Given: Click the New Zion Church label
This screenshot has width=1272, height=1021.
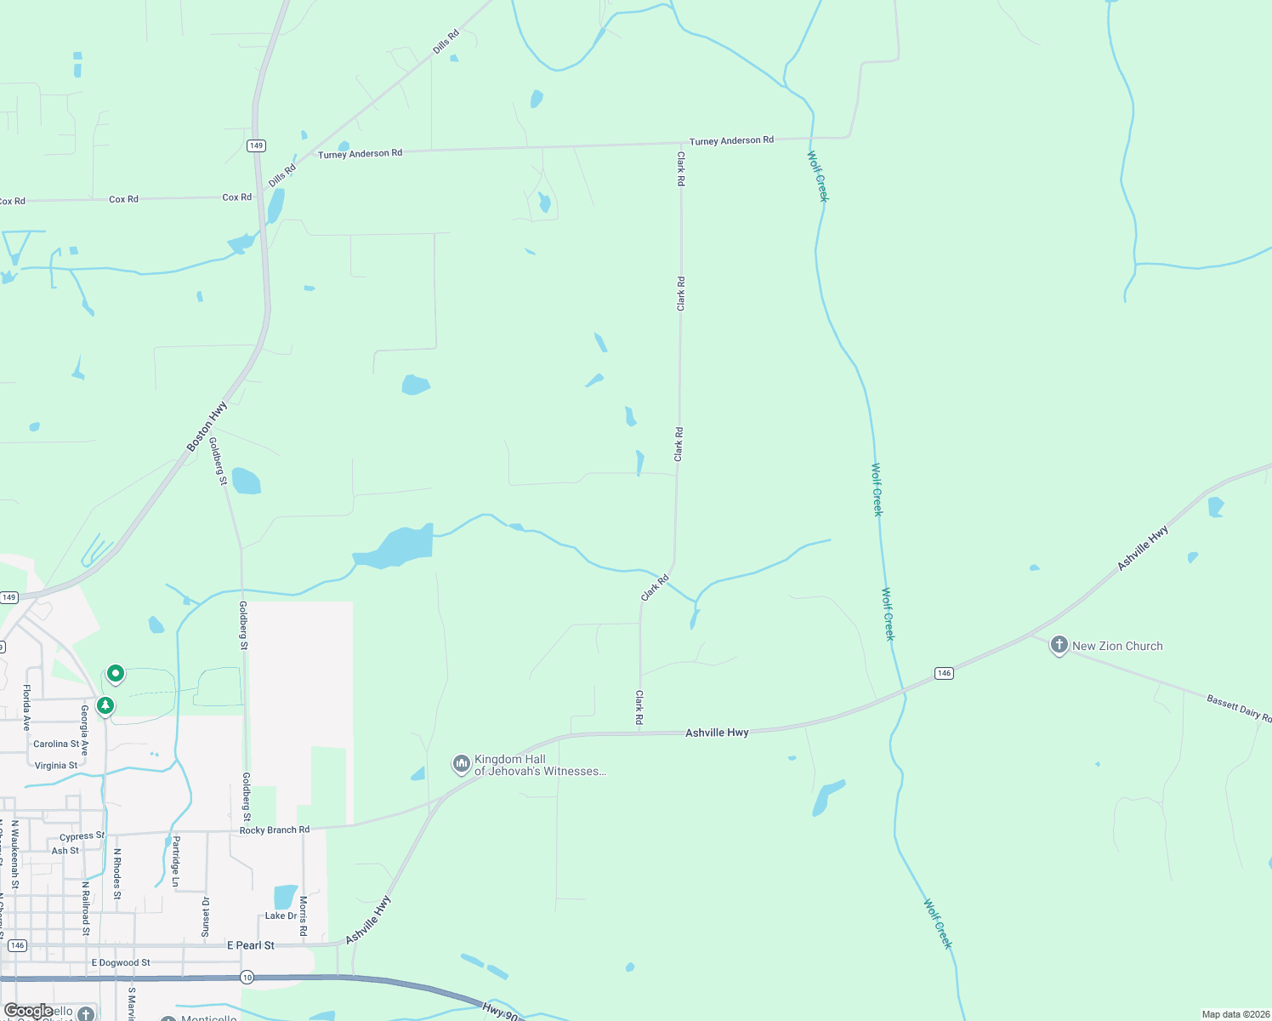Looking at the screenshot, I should (1117, 646).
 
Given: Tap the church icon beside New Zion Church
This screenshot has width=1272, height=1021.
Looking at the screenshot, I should (1059, 645).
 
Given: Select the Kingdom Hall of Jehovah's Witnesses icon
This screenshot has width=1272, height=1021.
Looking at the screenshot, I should (461, 764).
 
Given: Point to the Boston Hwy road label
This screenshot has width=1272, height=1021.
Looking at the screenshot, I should (207, 426).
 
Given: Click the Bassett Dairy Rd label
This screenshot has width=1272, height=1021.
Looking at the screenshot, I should (1239, 708).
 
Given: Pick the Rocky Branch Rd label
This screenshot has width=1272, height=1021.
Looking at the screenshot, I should (275, 830).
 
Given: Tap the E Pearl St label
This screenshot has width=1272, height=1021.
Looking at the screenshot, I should (251, 945).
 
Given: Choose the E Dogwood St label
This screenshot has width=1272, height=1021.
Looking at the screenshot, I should (121, 963).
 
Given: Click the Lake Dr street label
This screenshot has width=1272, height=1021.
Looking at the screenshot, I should (281, 915).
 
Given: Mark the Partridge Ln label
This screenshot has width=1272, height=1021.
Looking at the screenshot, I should (176, 861).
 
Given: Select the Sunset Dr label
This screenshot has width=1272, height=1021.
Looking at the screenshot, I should (205, 916).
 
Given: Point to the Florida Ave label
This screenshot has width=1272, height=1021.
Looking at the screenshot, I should (26, 707).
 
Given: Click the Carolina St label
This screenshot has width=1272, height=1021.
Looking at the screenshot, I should (56, 744).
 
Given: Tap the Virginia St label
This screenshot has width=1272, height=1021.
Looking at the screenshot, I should (56, 766).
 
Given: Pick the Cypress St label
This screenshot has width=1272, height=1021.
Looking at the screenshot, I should (82, 836).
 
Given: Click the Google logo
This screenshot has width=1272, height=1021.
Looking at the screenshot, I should (28, 1011).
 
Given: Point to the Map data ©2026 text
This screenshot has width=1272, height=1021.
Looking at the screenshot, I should (1235, 1014).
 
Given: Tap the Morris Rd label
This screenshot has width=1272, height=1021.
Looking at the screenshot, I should (304, 915).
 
